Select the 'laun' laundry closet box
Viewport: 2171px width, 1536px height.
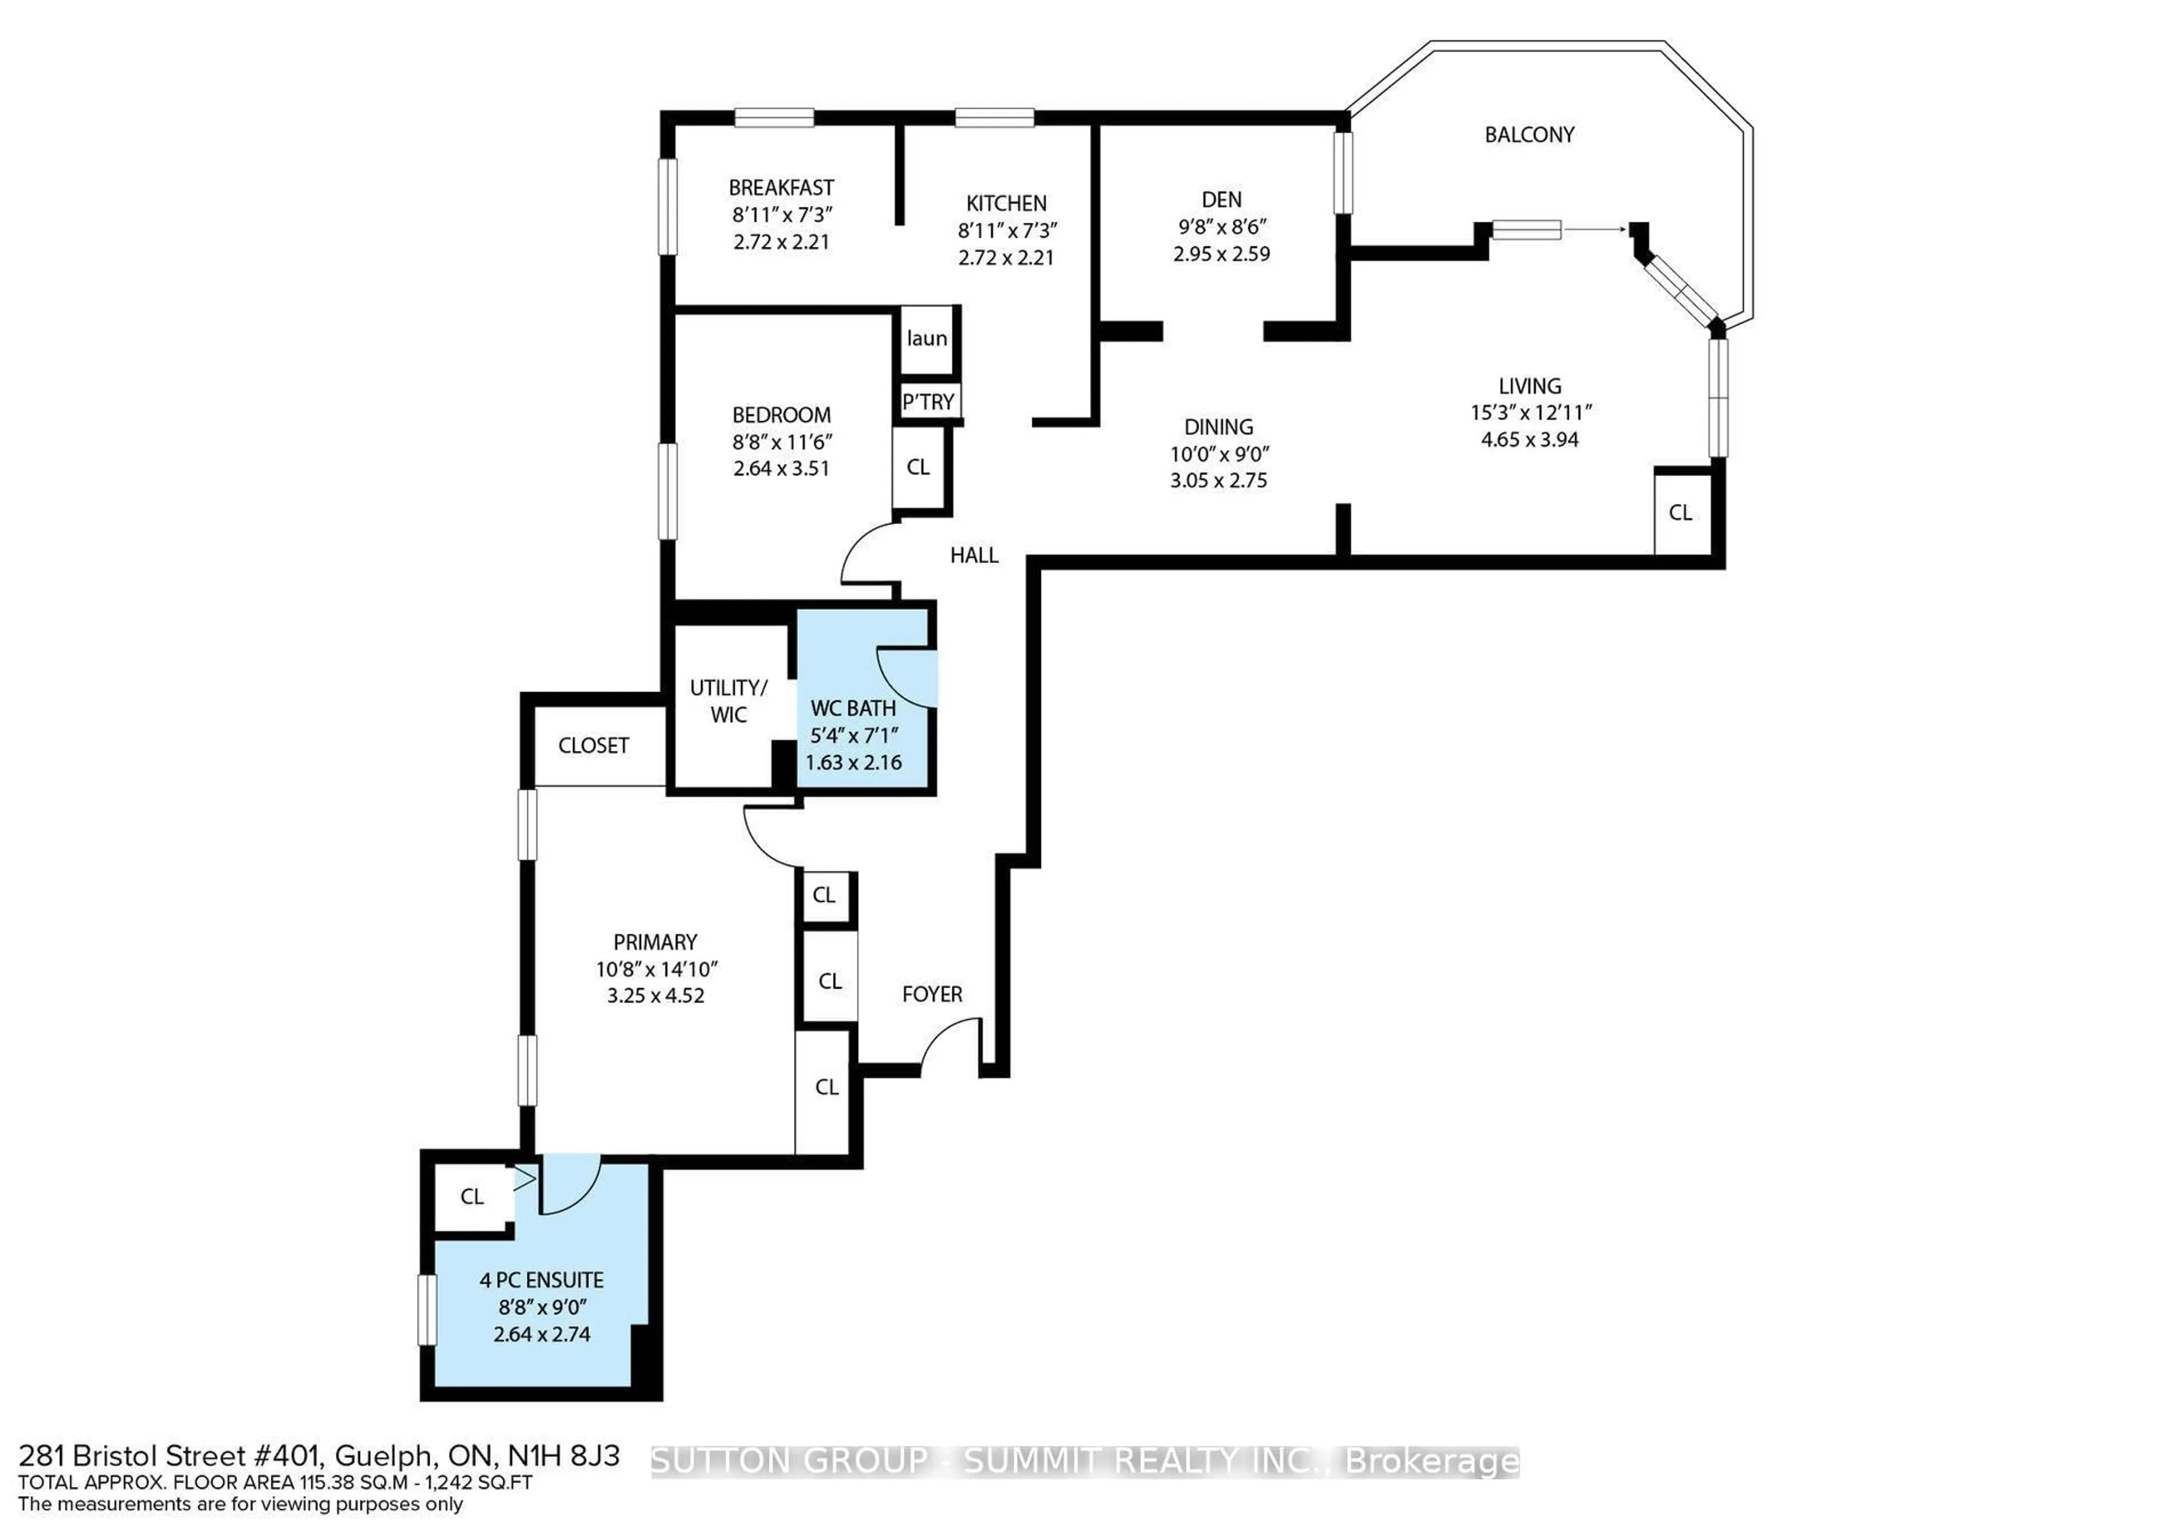tap(927, 339)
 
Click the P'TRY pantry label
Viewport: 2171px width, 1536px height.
tap(928, 402)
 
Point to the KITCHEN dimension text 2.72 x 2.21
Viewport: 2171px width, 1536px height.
tap(1006, 257)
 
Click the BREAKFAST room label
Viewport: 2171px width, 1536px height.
tap(781, 187)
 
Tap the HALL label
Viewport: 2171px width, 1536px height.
tap(974, 555)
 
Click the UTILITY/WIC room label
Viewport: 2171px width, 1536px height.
tap(728, 701)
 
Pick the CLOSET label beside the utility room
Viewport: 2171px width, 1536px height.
tap(593, 745)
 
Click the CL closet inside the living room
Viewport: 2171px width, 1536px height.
tap(1680, 512)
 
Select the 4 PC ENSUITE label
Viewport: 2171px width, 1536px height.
tap(542, 1280)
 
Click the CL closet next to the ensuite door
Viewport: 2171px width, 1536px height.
tap(472, 1197)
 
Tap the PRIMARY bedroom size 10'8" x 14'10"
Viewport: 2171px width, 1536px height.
tap(656, 969)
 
